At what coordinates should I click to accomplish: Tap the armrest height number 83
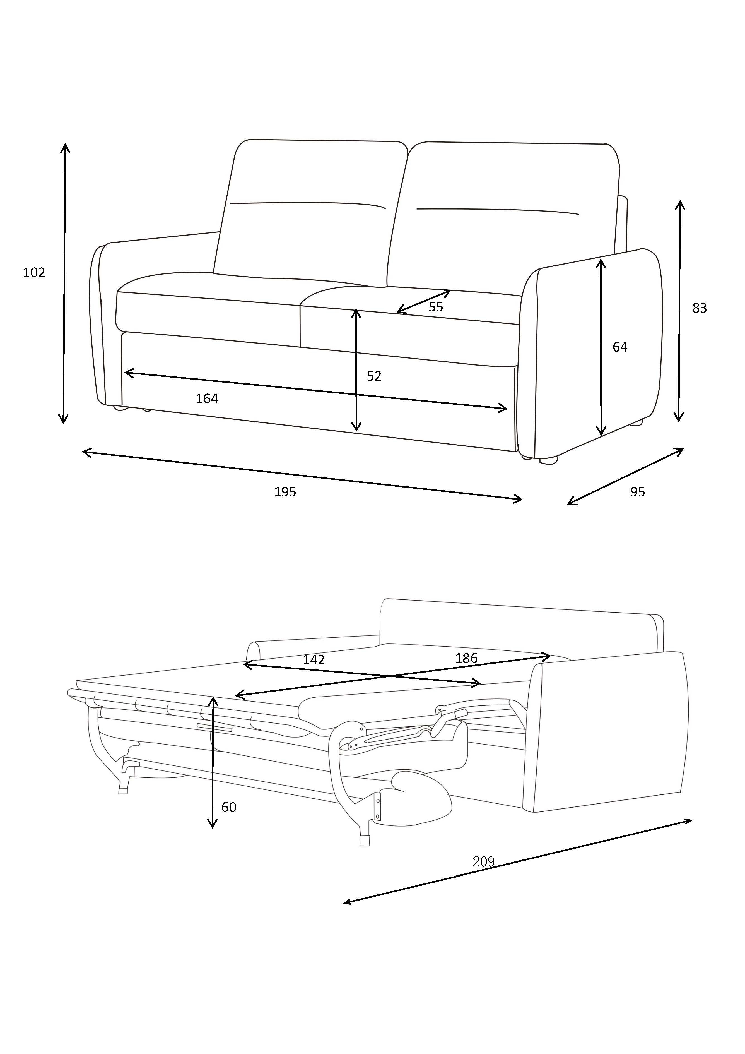pyautogui.click(x=699, y=308)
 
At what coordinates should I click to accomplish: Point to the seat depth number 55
pyautogui.click(x=435, y=307)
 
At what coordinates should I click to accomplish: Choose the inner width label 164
pyautogui.click(x=207, y=399)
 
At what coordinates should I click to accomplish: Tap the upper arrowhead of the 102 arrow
pyautogui.click(x=65, y=146)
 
